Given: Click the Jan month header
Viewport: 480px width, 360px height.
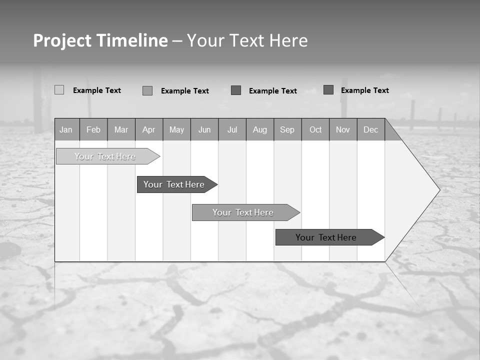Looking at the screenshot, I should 66,130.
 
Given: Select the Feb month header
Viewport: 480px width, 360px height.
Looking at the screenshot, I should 93,130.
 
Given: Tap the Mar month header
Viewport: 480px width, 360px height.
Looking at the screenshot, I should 121,130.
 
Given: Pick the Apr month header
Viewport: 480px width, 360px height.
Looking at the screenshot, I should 149,130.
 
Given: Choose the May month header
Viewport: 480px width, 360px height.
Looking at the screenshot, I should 176,130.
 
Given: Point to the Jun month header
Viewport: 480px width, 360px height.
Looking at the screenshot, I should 204,130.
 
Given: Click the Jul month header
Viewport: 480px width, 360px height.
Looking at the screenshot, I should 232,130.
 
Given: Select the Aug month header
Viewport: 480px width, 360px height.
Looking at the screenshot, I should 260,130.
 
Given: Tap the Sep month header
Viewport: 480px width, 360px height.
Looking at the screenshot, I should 287,130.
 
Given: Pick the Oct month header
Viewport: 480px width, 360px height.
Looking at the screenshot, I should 315,130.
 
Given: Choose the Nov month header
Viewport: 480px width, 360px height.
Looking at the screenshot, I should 343,130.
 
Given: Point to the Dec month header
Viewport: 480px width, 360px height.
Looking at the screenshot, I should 371,130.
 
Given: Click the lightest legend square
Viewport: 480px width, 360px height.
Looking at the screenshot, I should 59,90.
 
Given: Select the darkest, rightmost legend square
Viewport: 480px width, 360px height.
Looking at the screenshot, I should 328,90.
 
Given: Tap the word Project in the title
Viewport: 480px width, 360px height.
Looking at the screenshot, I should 62,40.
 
